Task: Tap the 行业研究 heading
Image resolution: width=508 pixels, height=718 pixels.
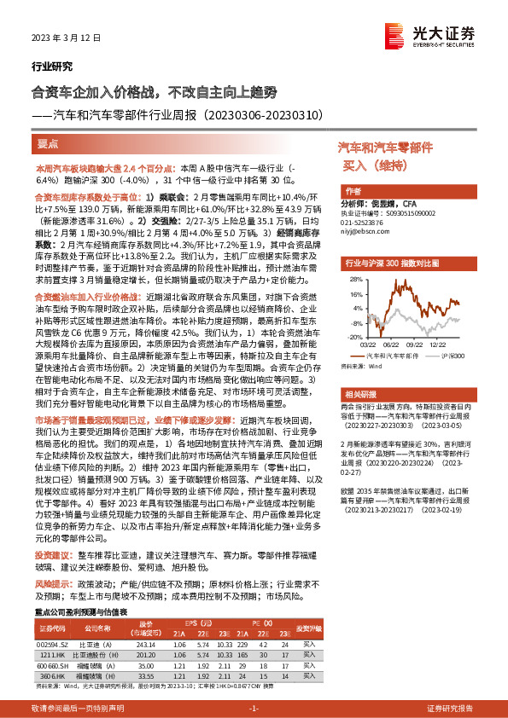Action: pyautogui.click(x=52, y=67)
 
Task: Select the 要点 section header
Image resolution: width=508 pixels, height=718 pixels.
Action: pyautogui.click(x=49, y=145)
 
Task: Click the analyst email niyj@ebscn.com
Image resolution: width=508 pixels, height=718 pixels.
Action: pyautogui.click(x=365, y=230)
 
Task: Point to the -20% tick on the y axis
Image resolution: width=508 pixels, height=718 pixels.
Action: pyautogui.click(x=350, y=337)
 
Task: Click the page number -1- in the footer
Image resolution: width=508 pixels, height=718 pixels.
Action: pyautogui.click(x=254, y=709)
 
